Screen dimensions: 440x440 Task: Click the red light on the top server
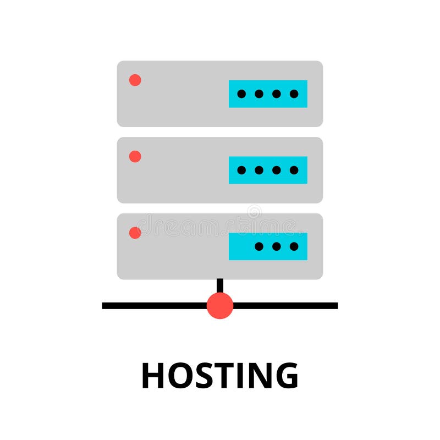click(x=135, y=80)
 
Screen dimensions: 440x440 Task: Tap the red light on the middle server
click(x=135, y=157)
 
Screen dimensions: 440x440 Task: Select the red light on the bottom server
click(x=135, y=233)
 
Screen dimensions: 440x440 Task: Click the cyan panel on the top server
click(x=268, y=94)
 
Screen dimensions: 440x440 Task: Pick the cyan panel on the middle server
click(x=268, y=170)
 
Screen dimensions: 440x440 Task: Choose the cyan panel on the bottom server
click(x=268, y=246)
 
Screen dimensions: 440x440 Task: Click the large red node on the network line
click(x=220, y=306)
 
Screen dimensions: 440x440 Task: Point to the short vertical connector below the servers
click(x=220, y=285)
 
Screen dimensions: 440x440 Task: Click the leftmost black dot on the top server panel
click(x=241, y=94)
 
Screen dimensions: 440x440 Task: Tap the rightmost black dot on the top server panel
click(x=294, y=94)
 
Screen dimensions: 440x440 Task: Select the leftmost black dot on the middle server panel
click(x=241, y=170)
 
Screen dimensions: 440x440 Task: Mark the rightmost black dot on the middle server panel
click(x=294, y=170)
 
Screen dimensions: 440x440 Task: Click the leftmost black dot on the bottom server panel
click(x=259, y=246)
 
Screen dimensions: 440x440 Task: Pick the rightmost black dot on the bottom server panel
click(x=294, y=246)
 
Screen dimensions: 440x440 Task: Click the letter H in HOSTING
click(x=153, y=376)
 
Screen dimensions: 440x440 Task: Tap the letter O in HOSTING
click(x=181, y=376)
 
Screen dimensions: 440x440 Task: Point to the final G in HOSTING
click(x=285, y=376)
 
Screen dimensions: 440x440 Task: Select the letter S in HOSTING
click(x=206, y=376)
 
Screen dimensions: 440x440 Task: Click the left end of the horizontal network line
click(x=105, y=306)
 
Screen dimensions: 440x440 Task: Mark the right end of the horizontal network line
click(x=335, y=306)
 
